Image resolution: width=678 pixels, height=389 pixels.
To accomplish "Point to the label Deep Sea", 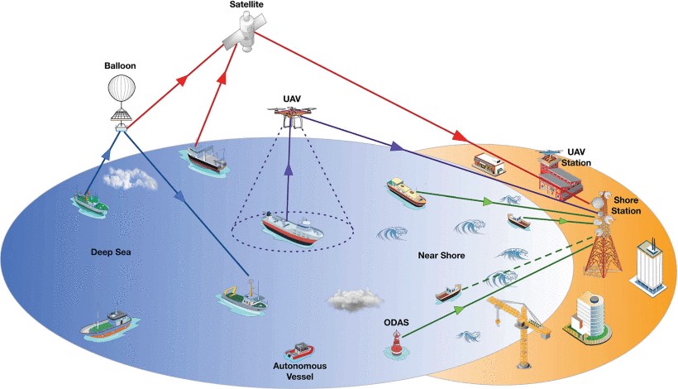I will pyautogui.click(x=108, y=249).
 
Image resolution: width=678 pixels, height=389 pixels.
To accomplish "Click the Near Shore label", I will pyautogui.click(x=440, y=255).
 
